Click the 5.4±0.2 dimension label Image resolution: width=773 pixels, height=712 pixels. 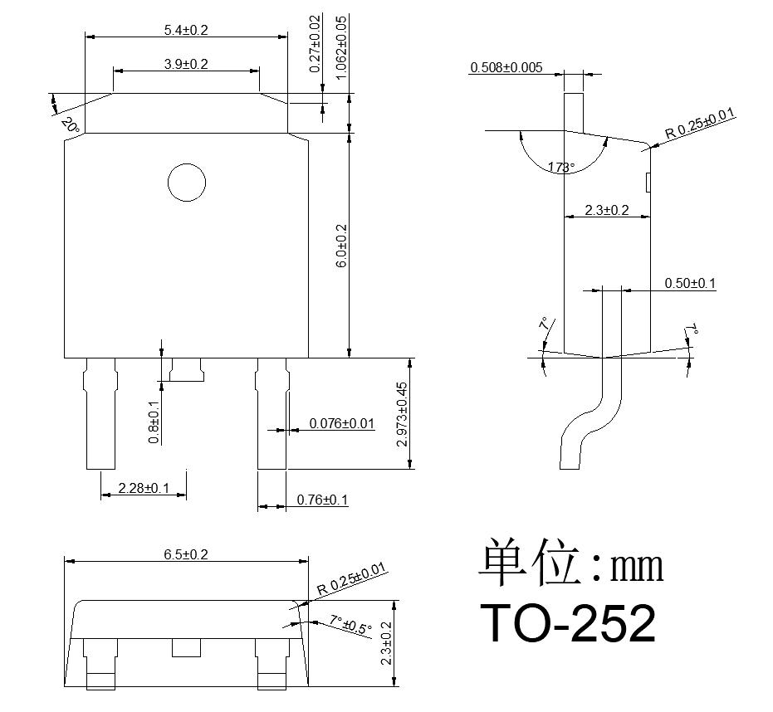pyautogui.click(x=186, y=30)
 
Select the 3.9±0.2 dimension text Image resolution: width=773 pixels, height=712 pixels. pyautogui.click(x=186, y=64)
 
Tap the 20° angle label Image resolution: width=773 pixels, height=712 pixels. pyautogui.click(x=70, y=125)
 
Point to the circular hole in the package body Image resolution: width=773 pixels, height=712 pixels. pyautogui.click(x=186, y=183)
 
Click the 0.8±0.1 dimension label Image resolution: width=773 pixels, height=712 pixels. pyautogui.click(x=154, y=421)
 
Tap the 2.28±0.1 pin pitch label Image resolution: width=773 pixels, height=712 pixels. pyautogui.click(x=143, y=488)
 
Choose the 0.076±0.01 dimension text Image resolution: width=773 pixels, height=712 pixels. pyautogui.click(x=341, y=424)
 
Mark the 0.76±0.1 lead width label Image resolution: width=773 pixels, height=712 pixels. pyautogui.click(x=322, y=500)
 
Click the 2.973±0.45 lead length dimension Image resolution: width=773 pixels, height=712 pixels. pyautogui.click(x=403, y=414)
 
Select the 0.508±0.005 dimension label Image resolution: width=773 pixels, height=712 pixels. pyautogui.click(x=506, y=67)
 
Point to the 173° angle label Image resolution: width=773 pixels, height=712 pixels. pyautogui.click(x=561, y=168)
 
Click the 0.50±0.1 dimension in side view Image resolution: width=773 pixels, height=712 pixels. pyautogui.click(x=690, y=284)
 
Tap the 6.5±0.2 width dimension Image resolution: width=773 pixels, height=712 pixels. pyautogui.click(x=186, y=554)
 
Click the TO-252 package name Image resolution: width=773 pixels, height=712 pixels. pyautogui.click(x=568, y=623)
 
